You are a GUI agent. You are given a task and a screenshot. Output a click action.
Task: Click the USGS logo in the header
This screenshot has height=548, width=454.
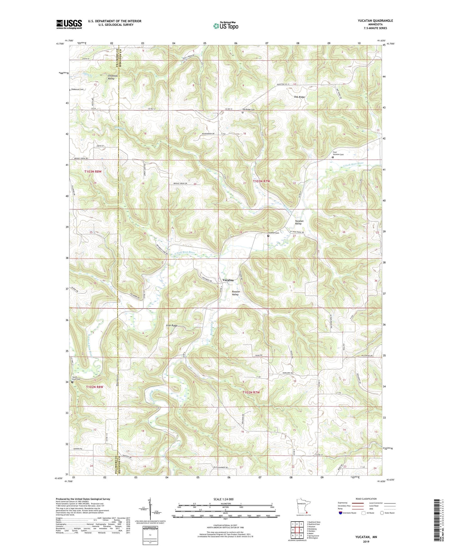(x=69, y=24)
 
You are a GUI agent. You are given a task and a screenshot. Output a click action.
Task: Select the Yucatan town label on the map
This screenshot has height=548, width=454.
(x=228, y=280)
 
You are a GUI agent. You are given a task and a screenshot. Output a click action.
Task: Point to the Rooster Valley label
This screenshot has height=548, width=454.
(x=235, y=293)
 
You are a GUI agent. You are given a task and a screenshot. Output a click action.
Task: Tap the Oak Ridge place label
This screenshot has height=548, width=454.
(x=299, y=97)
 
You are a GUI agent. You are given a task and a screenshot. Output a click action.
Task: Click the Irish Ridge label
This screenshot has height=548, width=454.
(x=172, y=326)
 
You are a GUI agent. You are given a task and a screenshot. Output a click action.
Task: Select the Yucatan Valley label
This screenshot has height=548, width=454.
(x=299, y=222)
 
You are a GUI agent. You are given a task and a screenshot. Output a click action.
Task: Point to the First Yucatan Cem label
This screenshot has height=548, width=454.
(x=338, y=153)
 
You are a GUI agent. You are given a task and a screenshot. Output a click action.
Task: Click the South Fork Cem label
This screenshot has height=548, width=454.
(x=76, y=378)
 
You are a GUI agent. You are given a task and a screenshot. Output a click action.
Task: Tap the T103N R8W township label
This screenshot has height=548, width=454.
(x=93, y=172)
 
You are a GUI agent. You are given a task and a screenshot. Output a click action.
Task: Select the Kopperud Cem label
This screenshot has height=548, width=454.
(x=77, y=89)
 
